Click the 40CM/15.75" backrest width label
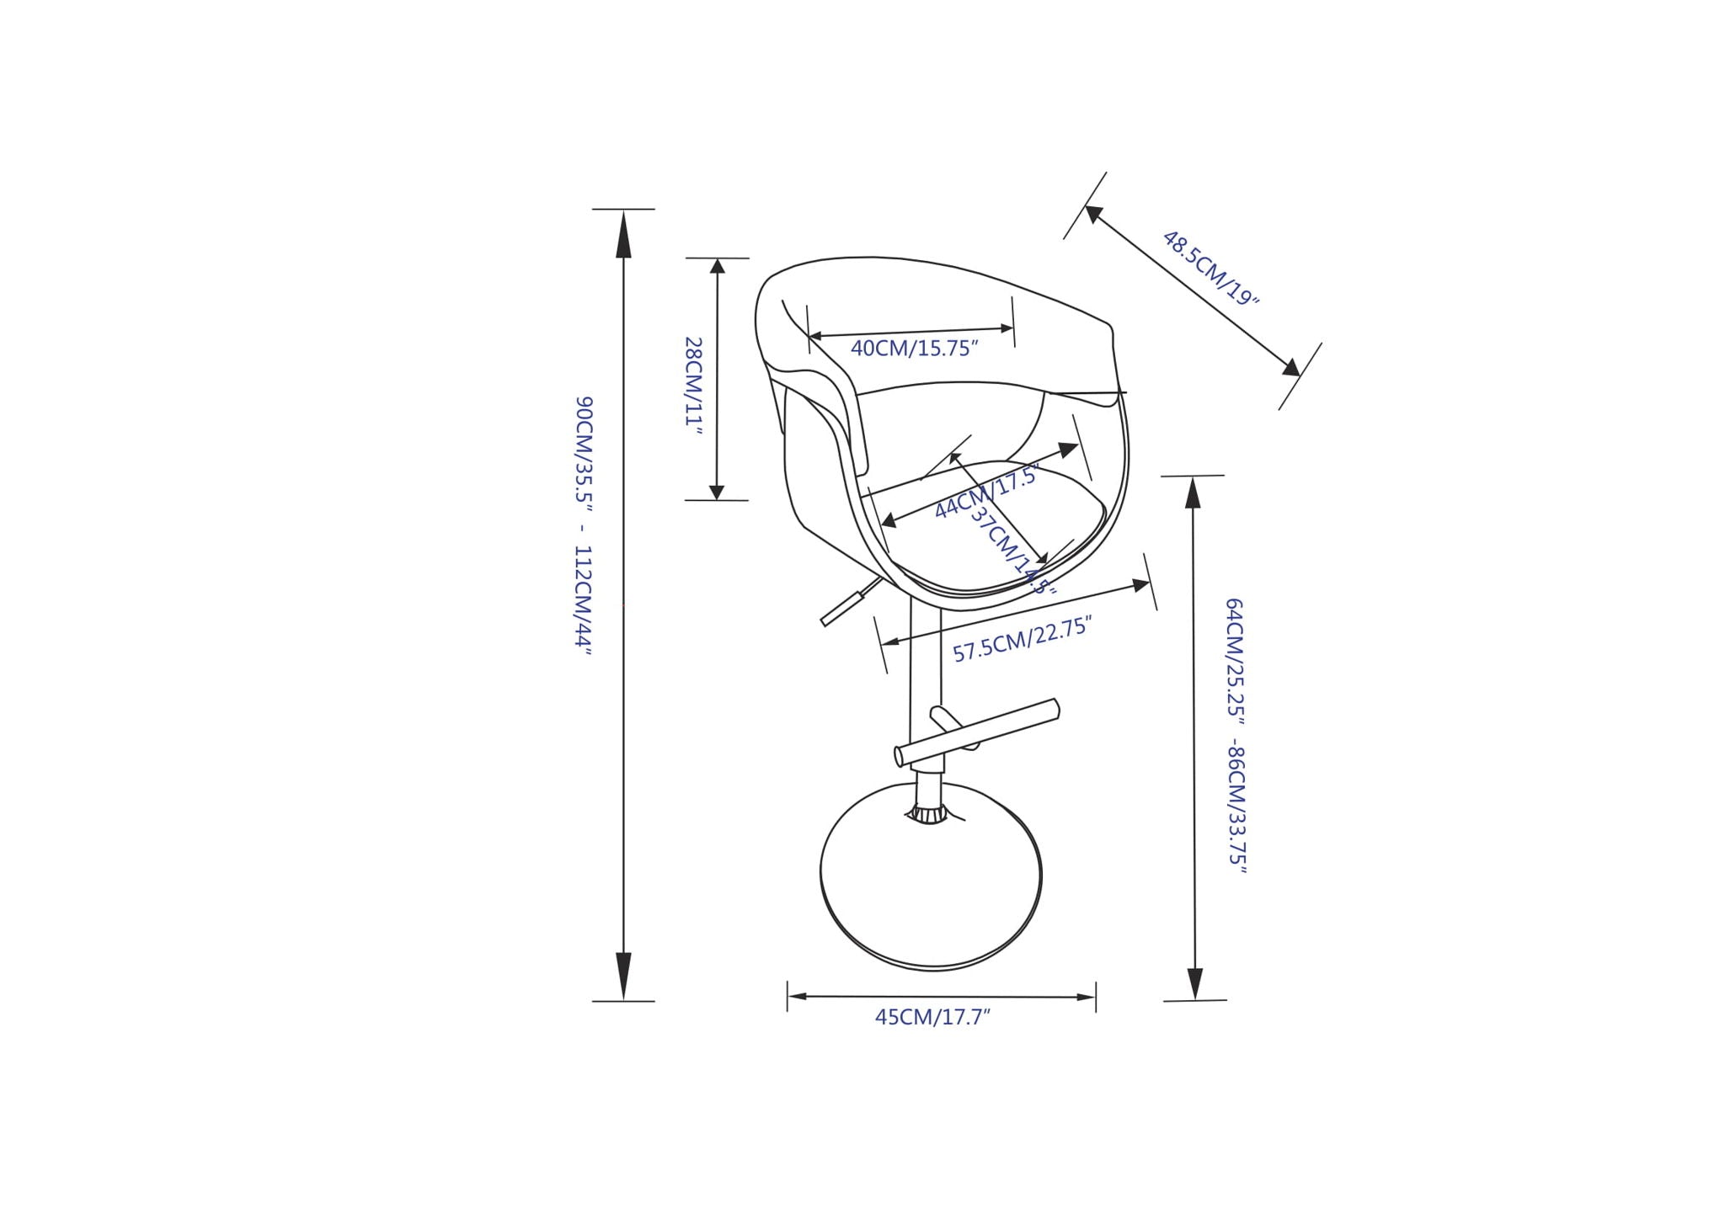914,349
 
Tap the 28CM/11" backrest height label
693,386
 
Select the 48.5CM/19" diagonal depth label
1210,268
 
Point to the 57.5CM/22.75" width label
1022,640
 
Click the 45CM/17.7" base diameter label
932,1017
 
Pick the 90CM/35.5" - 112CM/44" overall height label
584,526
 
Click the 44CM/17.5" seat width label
985,495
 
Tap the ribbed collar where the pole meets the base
928,814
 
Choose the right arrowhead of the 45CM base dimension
1085,998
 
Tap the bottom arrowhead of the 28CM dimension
717,491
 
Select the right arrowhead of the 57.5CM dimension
1141,584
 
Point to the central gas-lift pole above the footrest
926,665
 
